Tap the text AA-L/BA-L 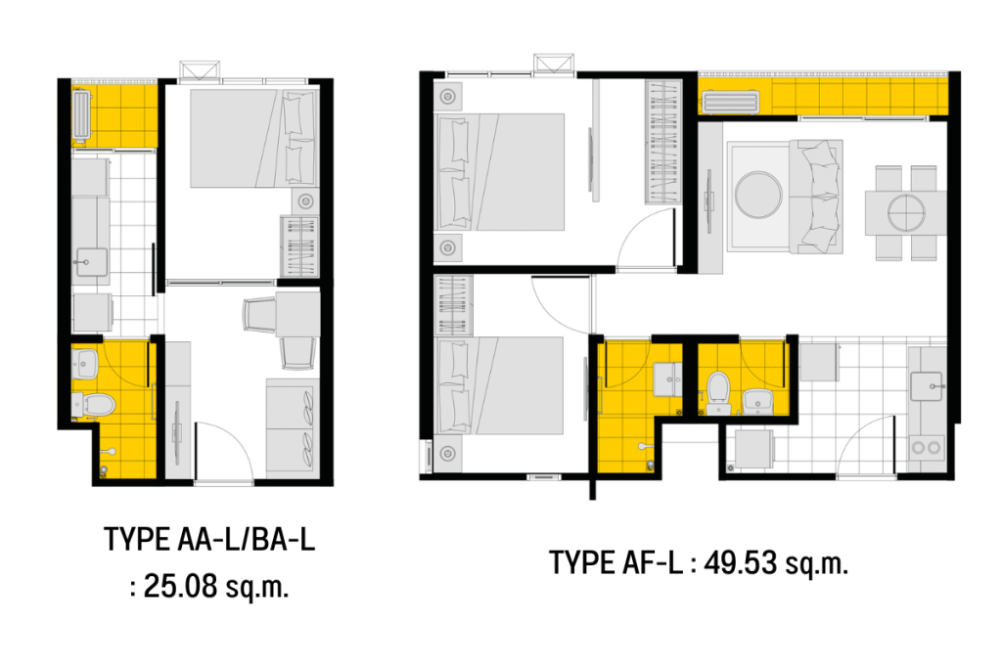(x=246, y=540)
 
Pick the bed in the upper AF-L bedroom (x=503, y=171)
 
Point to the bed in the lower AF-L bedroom (x=503, y=386)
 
